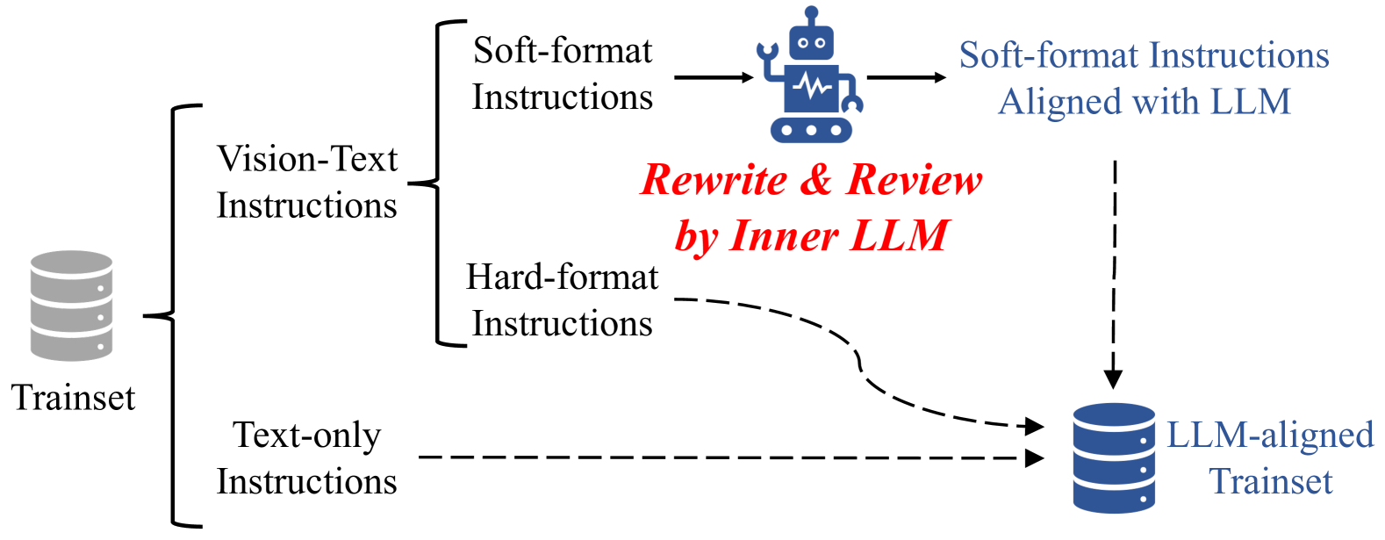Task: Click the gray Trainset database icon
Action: pyautogui.click(x=71, y=306)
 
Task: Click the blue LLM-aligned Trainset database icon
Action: pyautogui.click(x=1113, y=457)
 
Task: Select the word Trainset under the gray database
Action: pyautogui.click(x=73, y=398)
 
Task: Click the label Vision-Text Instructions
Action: pyautogui.click(x=306, y=182)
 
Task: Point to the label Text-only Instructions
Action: pyautogui.click(x=306, y=457)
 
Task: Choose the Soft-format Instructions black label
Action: pyautogui.click(x=562, y=74)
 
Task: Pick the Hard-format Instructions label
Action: pyautogui.click(x=562, y=300)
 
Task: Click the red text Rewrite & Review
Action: pyautogui.click(x=810, y=180)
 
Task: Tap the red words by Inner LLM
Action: pyautogui.click(x=810, y=235)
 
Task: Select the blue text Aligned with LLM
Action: pyautogui.click(x=1144, y=102)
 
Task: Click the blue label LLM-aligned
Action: pyautogui.click(x=1269, y=435)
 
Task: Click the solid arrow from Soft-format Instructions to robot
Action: pyautogui.click(x=713, y=77)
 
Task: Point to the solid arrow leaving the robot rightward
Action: pyautogui.click(x=906, y=77)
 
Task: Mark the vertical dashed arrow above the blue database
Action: pyautogui.click(x=1114, y=272)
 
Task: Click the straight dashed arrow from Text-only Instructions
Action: pyautogui.click(x=728, y=457)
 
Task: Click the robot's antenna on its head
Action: pyautogui.click(x=811, y=16)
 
